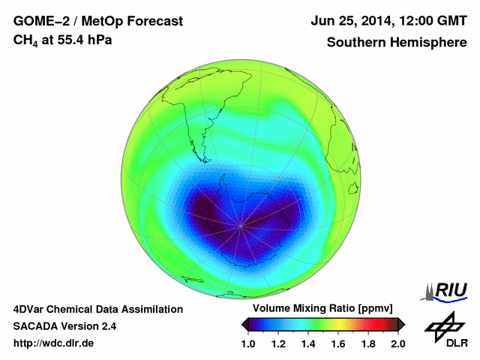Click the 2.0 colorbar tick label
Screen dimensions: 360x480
click(397, 343)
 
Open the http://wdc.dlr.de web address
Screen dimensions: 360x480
click(54, 343)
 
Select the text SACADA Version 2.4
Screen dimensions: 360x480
click(64, 326)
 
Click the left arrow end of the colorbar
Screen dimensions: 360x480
click(244, 323)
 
